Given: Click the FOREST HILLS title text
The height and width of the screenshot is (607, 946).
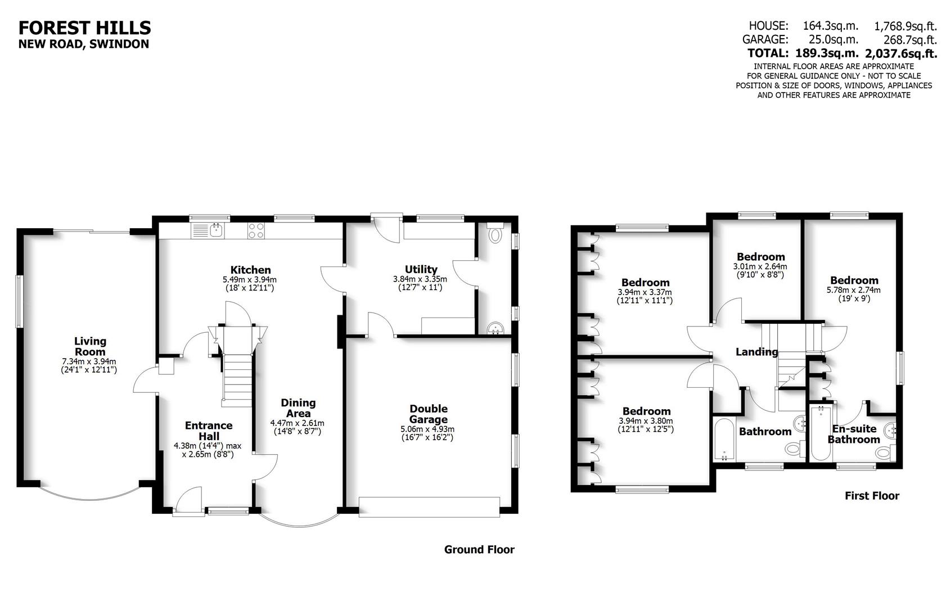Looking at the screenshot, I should [x=85, y=28].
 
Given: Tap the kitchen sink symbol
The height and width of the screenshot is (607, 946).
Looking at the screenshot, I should [x=209, y=229].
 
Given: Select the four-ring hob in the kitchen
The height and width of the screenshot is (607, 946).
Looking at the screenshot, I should [x=256, y=229].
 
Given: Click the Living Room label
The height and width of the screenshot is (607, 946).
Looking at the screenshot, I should [x=90, y=346].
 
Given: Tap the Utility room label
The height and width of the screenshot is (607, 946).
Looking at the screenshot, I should [x=421, y=269].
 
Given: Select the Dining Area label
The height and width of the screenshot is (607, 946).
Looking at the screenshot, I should [x=298, y=408].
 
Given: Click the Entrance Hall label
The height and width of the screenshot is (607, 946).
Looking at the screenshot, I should [x=209, y=431].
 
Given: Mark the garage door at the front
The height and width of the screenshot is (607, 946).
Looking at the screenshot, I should [x=429, y=506].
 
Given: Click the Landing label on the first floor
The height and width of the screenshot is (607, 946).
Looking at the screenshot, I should [x=757, y=352].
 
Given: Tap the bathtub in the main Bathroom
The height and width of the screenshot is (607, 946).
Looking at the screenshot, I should [x=724, y=439].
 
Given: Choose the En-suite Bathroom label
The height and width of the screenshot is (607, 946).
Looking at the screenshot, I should [x=854, y=434].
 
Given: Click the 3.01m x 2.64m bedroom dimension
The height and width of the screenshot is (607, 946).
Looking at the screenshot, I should [x=760, y=266].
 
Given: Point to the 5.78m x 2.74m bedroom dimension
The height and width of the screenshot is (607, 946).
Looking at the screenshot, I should [x=854, y=290].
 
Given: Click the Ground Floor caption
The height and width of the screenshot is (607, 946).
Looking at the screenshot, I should [x=479, y=550].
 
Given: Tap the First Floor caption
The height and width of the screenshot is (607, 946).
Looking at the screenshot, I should [x=872, y=496].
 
